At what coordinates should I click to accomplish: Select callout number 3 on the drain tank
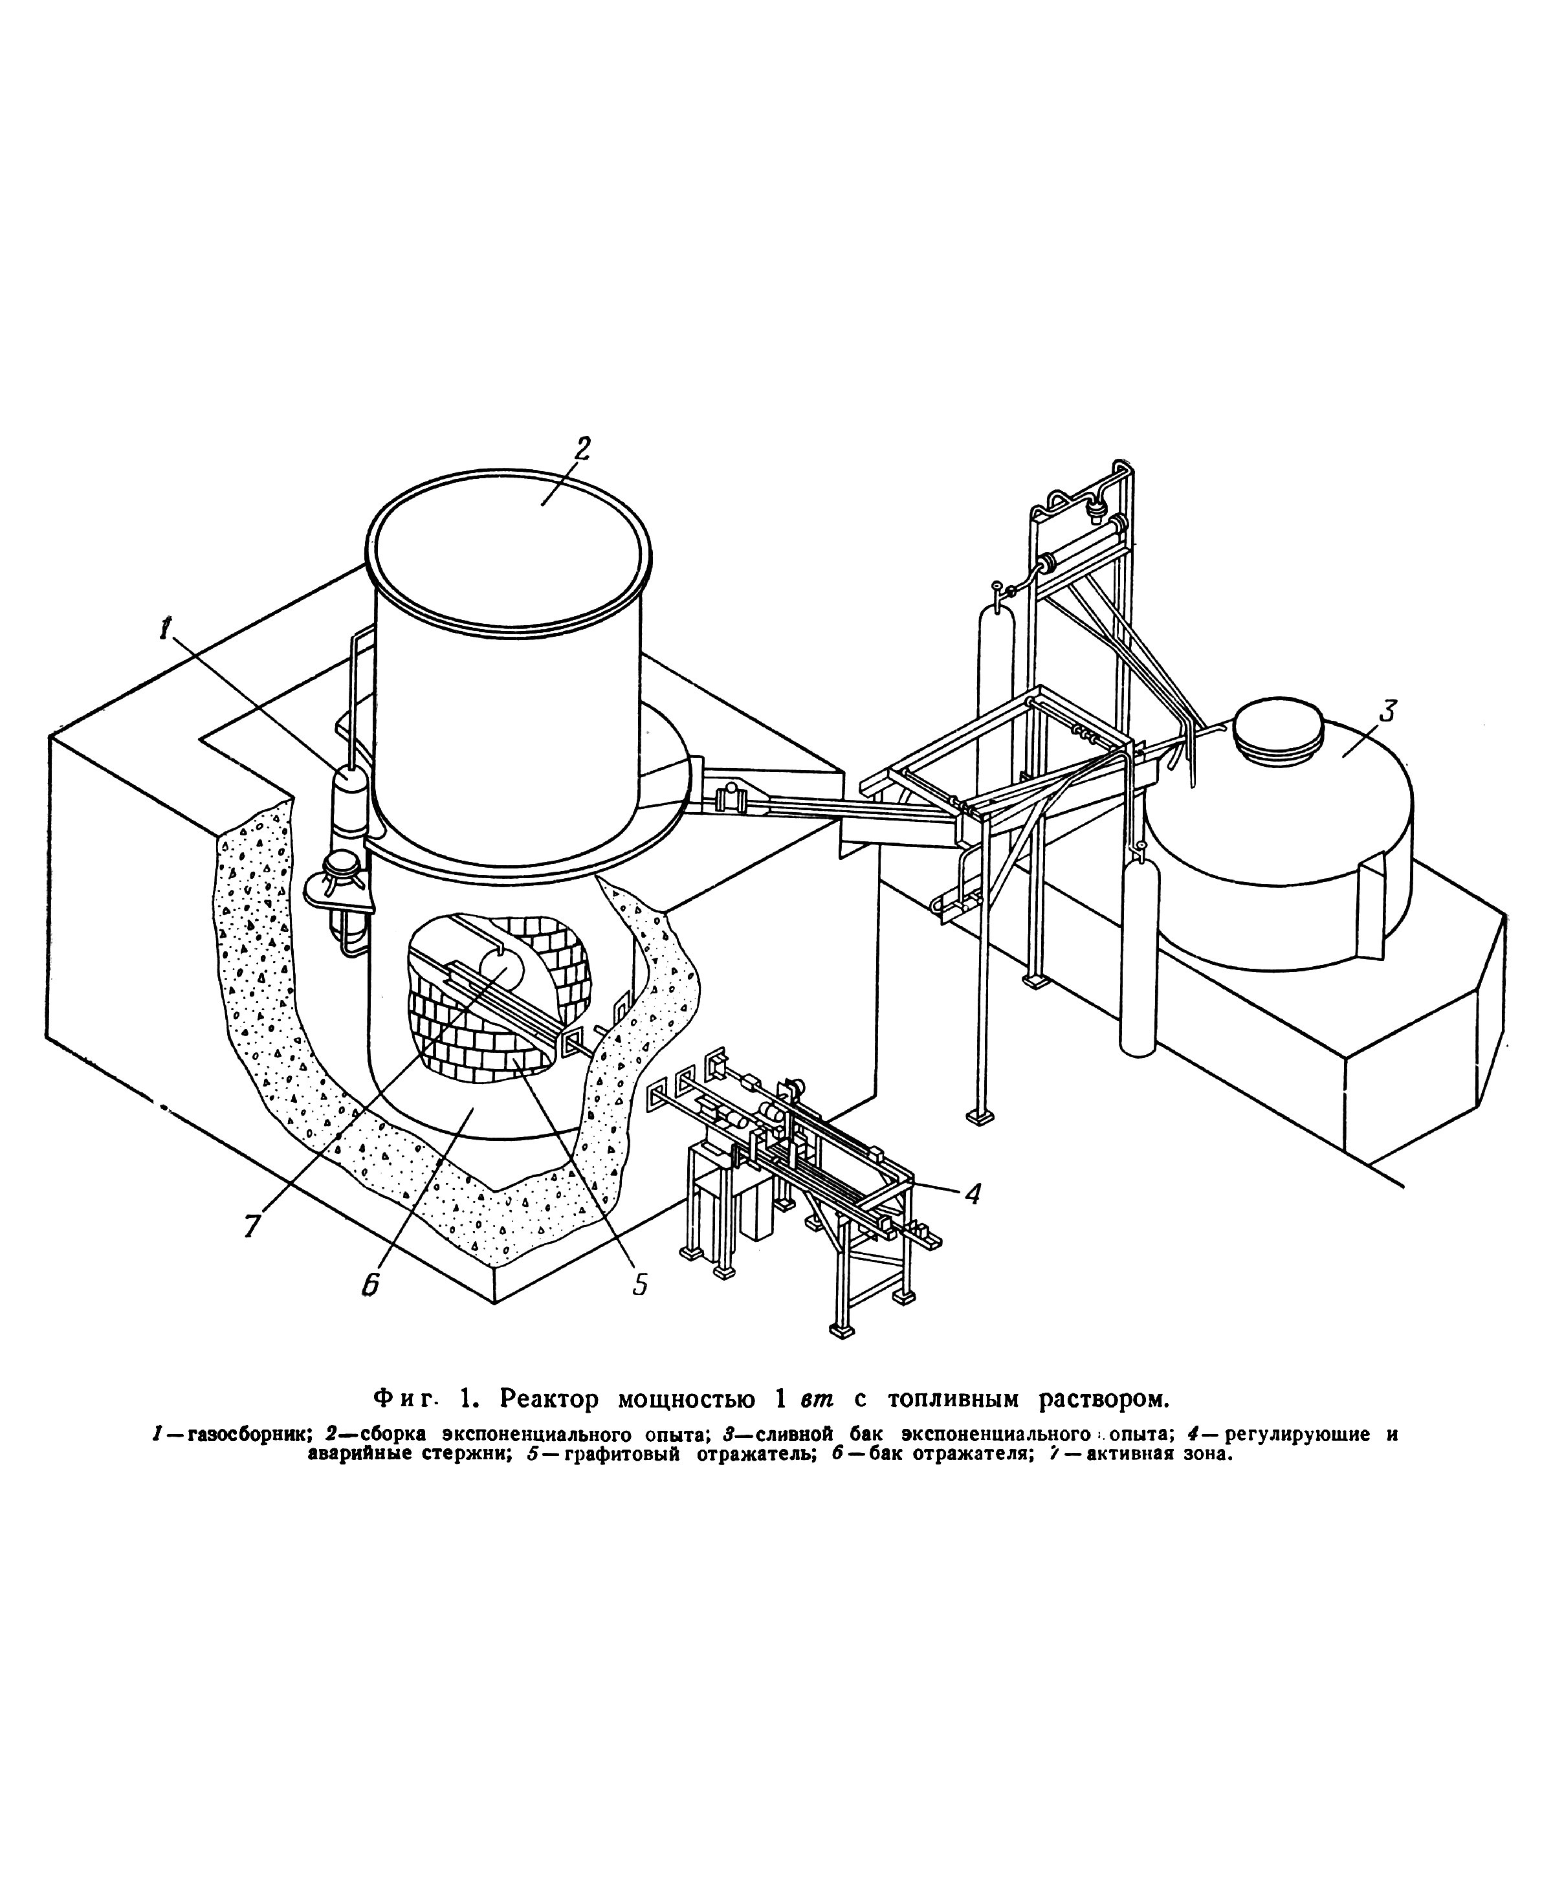[x=1385, y=712]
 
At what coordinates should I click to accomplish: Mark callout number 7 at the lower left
[x=252, y=1224]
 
